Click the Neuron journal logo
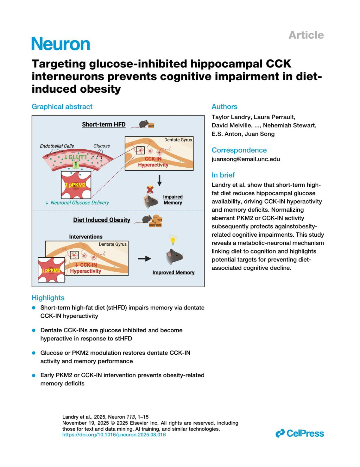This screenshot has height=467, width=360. click(x=61, y=44)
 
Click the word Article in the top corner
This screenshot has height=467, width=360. click(x=306, y=35)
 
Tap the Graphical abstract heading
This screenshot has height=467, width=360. click(x=62, y=107)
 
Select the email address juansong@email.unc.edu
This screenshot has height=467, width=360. click(x=246, y=159)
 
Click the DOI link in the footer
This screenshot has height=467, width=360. click(x=114, y=435)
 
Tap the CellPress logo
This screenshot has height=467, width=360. click(x=300, y=433)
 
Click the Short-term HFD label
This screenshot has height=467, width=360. click(x=104, y=124)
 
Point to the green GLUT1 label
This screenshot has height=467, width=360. click(x=76, y=157)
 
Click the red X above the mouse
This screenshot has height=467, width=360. click(x=150, y=190)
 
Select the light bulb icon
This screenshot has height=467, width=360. click(x=172, y=240)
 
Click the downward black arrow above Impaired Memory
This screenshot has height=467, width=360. click(x=160, y=180)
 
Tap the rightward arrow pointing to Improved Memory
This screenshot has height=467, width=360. click(x=144, y=259)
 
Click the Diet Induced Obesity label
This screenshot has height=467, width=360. click(x=102, y=220)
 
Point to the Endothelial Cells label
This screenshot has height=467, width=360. click(x=57, y=146)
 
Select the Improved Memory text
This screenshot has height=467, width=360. click(x=173, y=272)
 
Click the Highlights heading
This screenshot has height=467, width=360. click(x=48, y=298)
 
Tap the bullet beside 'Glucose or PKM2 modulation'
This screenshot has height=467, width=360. click(x=34, y=353)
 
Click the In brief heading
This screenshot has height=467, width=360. click(x=223, y=175)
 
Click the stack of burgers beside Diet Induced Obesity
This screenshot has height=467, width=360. click(x=156, y=221)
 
